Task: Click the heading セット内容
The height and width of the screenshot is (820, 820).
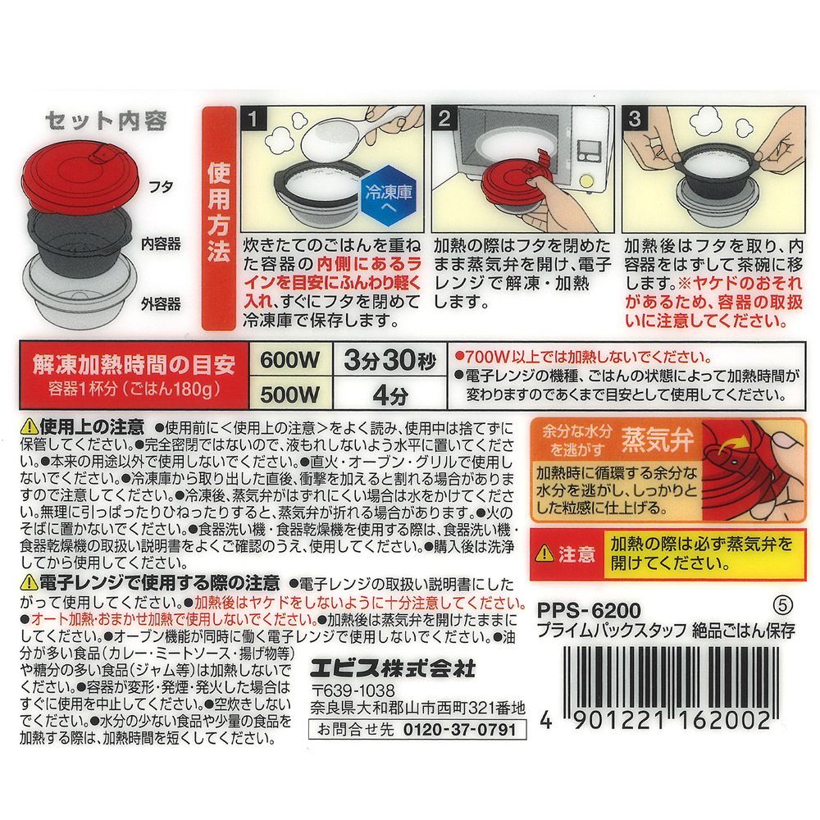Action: click(106, 121)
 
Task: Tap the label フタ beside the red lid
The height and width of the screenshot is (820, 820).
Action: click(161, 187)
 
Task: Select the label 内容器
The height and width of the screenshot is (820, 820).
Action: click(161, 244)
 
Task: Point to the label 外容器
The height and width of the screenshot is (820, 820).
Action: click(161, 304)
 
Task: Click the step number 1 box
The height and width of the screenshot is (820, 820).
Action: click(253, 118)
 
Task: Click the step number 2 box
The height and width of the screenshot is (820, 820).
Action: click(444, 118)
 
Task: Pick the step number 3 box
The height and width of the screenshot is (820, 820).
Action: click(635, 118)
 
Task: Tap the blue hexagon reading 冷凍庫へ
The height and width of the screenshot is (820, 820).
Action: click(389, 196)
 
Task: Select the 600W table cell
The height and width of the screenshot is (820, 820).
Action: click(290, 360)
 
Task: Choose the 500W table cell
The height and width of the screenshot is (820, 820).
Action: click(290, 394)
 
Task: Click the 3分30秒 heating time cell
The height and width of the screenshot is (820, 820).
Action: click(390, 360)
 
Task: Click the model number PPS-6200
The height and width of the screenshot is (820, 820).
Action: click(588, 610)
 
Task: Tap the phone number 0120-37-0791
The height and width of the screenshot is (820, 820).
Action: click(460, 729)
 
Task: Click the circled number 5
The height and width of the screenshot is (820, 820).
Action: click(782, 606)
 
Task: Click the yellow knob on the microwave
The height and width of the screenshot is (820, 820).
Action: click(587, 181)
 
